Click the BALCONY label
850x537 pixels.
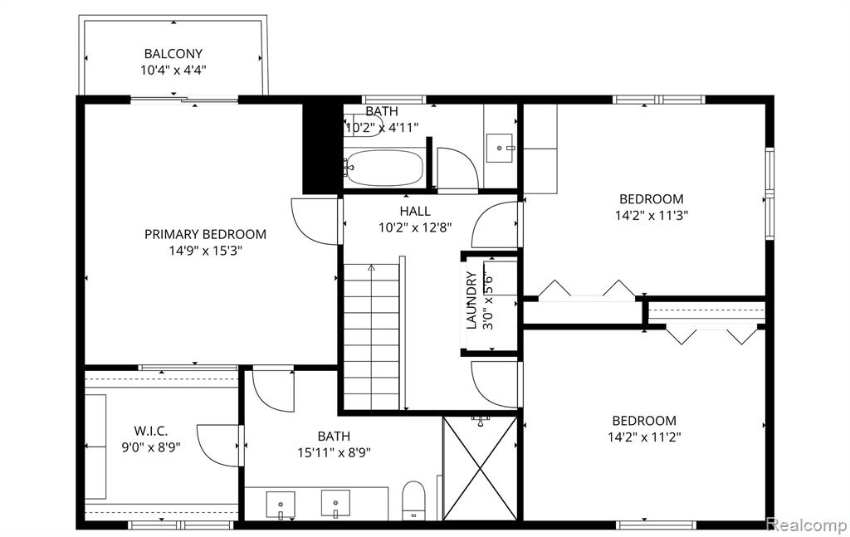click(x=173, y=54)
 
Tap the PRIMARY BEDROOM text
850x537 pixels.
click(x=205, y=234)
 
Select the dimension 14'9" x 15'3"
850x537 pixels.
click(x=205, y=251)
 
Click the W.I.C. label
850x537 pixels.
click(x=151, y=432)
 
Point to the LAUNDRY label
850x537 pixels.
click(x=471, y=300)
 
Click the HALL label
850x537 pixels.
click(x=415, y=211)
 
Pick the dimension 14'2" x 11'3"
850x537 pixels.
click(x=651, y=215)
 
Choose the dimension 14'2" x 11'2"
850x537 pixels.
click(x=644, y=437)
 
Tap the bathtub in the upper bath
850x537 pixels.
click(x=384, y=168)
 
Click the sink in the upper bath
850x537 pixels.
click(x=499, y=148)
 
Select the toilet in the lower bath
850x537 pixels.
click(x=414, y=500)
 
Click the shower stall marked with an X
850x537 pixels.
click(x=480, y=468)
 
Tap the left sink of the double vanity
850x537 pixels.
click(x=281, y=504)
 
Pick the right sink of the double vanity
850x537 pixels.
click(x=335, y=504)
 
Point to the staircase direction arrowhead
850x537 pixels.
click(x=371, y=267)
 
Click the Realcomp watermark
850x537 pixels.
click(x=807, y=525)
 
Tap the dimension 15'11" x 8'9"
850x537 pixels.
click(x=334, y=452)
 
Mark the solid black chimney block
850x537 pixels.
click(x=321, y=148)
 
